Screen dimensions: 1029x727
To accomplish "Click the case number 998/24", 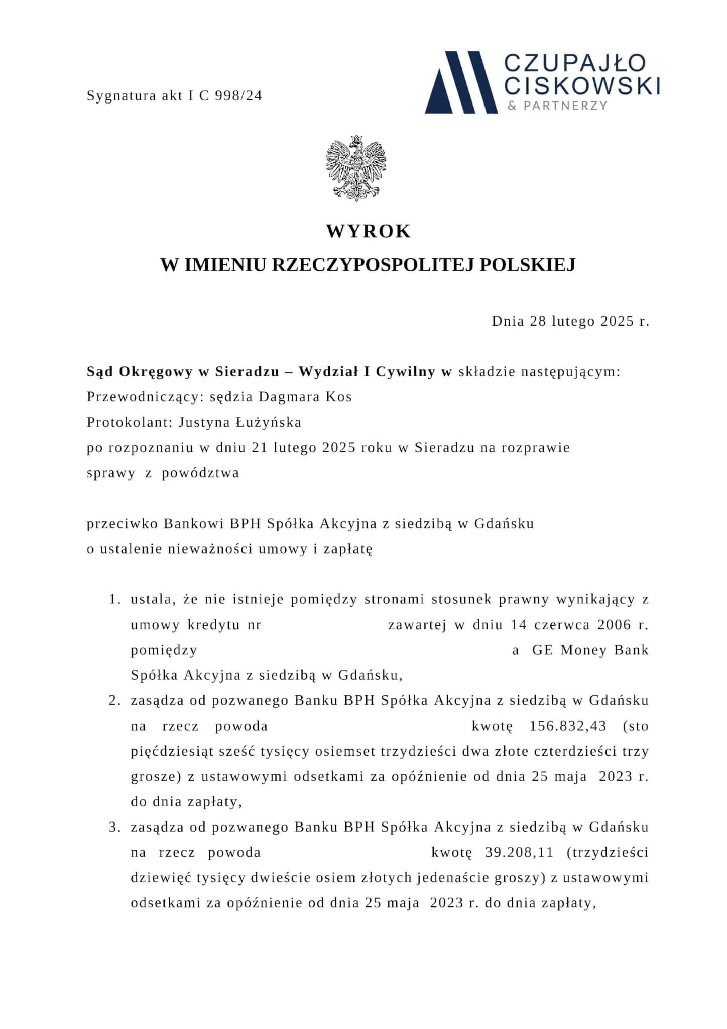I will pos(238,96).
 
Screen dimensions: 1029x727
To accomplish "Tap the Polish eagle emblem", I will pos(356,169).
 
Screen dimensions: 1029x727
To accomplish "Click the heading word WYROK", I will pos(369,231).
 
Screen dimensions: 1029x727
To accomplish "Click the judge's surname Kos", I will pos(339,397).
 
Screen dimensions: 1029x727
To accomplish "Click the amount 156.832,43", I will pos(568,726).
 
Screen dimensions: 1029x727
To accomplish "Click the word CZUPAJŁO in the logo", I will pos(575,63).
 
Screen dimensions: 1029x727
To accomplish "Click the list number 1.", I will pos(115,599).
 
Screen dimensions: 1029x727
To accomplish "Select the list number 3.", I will pos(115,827).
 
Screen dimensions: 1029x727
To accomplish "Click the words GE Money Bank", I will pos(590,650).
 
